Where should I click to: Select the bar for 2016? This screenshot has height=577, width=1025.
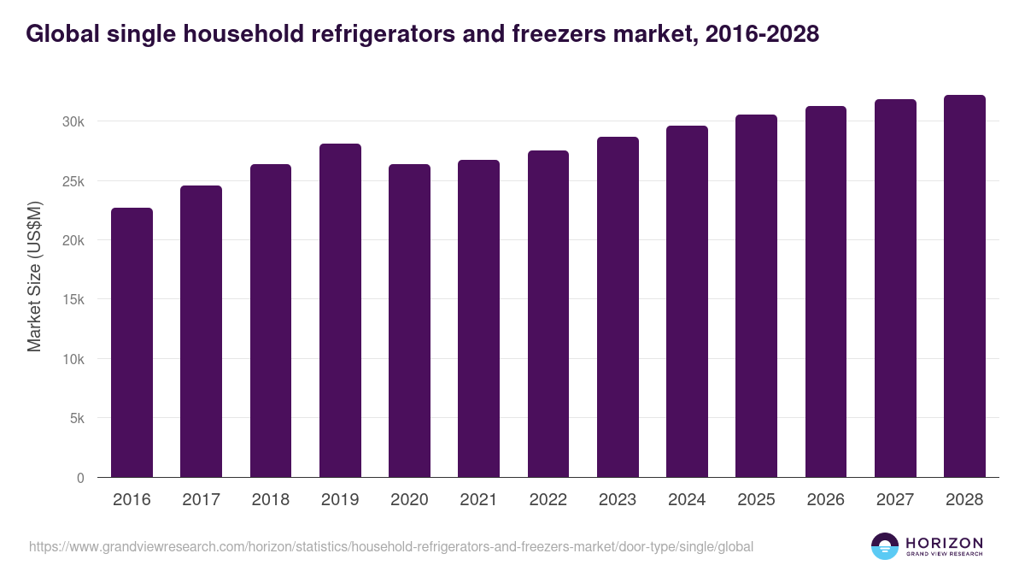tap(132, 342)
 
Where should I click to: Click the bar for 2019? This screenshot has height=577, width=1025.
tap(340, 310)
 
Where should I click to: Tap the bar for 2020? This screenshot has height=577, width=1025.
tap(409, 321)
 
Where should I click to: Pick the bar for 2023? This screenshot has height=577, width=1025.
tap(618, 307)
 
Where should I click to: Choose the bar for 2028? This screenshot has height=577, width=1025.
tap(964, 286)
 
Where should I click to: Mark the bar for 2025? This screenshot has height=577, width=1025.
tap(756, 296)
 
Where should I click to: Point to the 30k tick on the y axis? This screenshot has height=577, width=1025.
tap(73, 122)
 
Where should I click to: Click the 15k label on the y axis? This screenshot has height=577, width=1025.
tap(73, 300)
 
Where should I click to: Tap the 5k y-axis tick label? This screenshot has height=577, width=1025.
tap(76, 419)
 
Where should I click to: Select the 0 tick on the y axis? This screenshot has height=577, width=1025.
tap(80, 478)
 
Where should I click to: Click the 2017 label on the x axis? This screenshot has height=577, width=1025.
tap(201, 500)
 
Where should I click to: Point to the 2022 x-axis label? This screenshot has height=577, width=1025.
tap(548, 500)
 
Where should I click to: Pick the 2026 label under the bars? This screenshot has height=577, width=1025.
tap(825, 500)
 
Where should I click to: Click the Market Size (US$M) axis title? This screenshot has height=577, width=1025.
tap(34, 276)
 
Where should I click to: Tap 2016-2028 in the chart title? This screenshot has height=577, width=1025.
tap(762, 34)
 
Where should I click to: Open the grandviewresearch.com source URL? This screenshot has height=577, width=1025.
tap(391, 546)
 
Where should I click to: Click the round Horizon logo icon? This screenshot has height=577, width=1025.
tap(884, 546)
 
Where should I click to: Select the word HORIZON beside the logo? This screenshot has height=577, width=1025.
tap(944, 542)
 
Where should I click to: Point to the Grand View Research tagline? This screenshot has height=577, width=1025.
tap(944, 554)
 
